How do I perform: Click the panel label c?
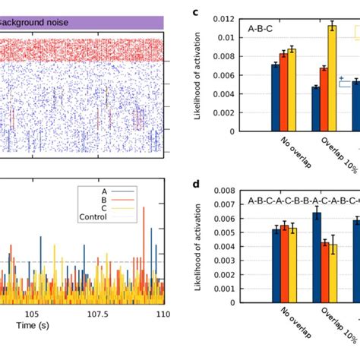196,12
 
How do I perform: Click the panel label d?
196,185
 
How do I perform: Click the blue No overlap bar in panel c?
275,97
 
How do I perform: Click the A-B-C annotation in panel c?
261,30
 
